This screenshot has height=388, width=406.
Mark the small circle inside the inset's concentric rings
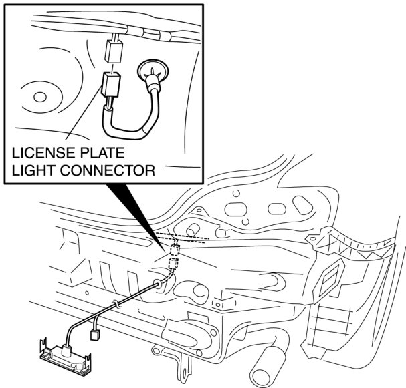39,98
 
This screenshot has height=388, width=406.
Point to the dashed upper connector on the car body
176,250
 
